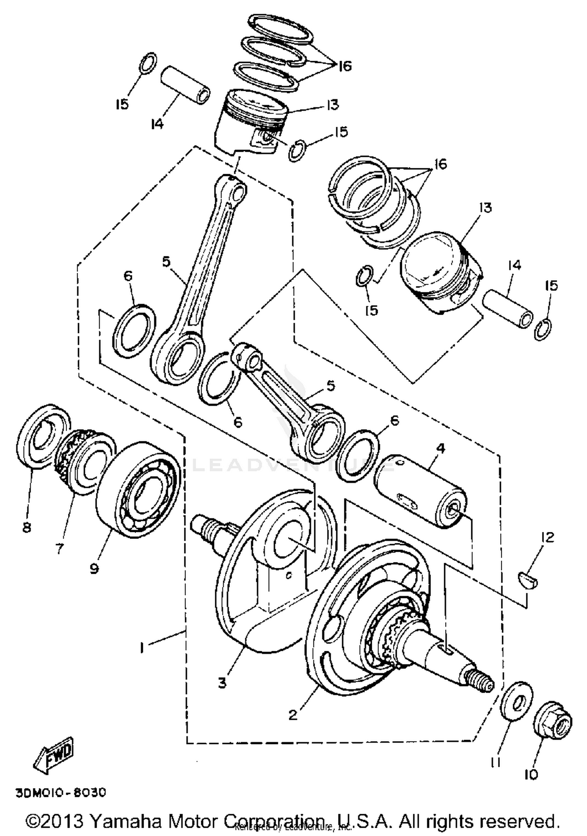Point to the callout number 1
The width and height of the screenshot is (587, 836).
142,648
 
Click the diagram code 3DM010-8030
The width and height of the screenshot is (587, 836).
61,793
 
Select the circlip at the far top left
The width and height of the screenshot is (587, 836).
148,63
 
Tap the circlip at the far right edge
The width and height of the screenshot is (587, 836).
544,330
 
